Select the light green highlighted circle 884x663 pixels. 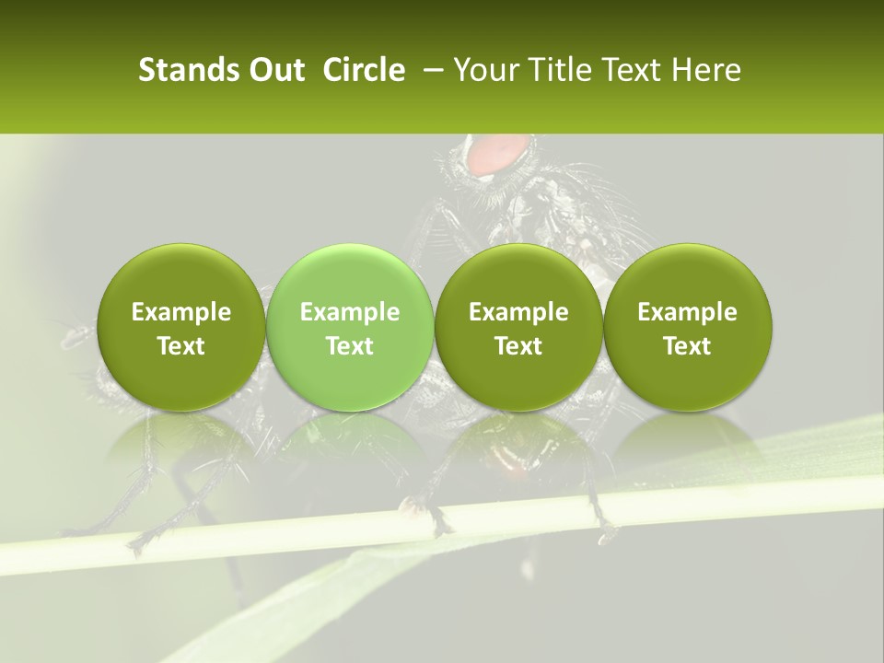click(350, 327)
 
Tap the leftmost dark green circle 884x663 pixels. click(180, 327)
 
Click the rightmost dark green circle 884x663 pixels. click(688, 327)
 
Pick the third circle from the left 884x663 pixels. click(518, 327)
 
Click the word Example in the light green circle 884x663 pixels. click(350, 312)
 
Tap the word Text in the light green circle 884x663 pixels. click(350, 346)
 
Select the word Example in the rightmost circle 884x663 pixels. click(688, 312)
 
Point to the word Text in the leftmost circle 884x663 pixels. click(180, 346)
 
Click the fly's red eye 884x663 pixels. click(498, 154)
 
